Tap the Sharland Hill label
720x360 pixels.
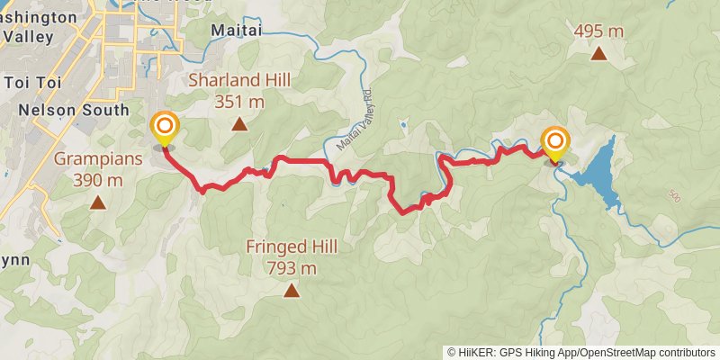[239, 81]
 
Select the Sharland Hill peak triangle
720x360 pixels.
[239, 124]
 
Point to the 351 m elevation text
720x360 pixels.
[239, 102]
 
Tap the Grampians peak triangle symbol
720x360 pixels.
[97, 202]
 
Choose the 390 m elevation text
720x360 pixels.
[98, 180]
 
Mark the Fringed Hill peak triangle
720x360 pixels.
[292, 290]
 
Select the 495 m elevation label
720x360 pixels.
[598, 31]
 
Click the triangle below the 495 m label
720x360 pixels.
[598, 54]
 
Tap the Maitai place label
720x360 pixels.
[236, 31]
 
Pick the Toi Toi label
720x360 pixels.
[31, 83]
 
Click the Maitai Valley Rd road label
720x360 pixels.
[355, 126]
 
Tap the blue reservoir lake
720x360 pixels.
[598, 166]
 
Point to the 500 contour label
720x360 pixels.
[675, 195]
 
